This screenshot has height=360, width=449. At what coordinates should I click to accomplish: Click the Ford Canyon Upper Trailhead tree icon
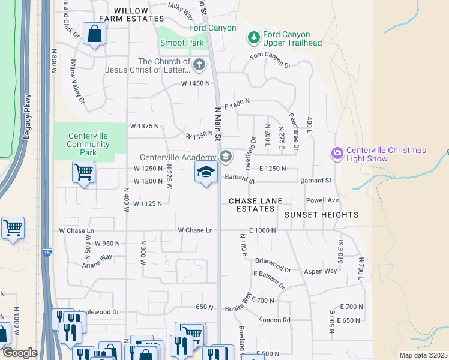(254, 38)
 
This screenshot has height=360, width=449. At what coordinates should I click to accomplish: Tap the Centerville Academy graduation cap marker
(206, 173)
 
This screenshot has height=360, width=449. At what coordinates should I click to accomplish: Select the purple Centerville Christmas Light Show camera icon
(336, 154)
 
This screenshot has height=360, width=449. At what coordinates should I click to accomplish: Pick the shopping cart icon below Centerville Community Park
(83, 172)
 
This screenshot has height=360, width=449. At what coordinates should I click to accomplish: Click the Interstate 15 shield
(47, 255)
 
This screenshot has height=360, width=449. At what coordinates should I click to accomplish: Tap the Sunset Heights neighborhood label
(321, 215)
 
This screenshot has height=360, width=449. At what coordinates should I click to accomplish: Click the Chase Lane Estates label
(252, 205)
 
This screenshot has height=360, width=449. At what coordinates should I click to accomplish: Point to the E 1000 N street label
(262, 230)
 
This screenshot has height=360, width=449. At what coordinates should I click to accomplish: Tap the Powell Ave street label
(322, 200)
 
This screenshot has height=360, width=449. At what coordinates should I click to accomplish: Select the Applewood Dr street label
(99, 313)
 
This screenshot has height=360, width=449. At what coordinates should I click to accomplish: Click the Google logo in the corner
(19, 353)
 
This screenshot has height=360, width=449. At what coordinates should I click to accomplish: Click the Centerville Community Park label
(88, 144)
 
